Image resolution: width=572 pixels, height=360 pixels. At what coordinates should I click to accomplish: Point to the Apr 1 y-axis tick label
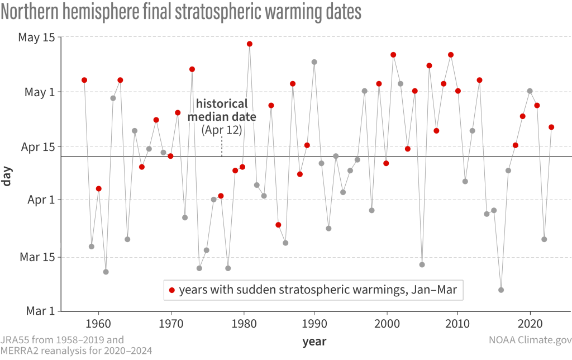point(38,200)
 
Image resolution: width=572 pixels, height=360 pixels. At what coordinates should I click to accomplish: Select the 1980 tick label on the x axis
point(242,323)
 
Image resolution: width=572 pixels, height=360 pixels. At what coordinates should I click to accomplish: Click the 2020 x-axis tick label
point(530,323)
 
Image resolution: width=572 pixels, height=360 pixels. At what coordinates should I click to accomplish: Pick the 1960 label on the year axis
point(99,323)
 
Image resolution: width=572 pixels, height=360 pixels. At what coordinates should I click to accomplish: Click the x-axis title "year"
point(315,340)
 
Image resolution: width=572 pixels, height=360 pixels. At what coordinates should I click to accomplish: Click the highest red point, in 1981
point(250,44)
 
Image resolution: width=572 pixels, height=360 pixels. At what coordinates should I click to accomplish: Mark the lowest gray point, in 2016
point(501,290)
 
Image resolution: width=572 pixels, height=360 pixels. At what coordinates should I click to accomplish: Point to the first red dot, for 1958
point(84,80)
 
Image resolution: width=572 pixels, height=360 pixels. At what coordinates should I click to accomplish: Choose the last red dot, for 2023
point(551,127)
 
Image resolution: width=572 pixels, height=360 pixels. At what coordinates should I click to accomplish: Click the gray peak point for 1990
point(314,62)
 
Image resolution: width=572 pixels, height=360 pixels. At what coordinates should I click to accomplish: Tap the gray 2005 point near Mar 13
point(422,264)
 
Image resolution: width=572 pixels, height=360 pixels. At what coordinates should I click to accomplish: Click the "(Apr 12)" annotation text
point(222,131)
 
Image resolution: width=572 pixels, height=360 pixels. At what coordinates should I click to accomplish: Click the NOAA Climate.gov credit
point(528,340)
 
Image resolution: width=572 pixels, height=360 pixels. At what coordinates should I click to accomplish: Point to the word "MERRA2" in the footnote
point(22,350)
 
